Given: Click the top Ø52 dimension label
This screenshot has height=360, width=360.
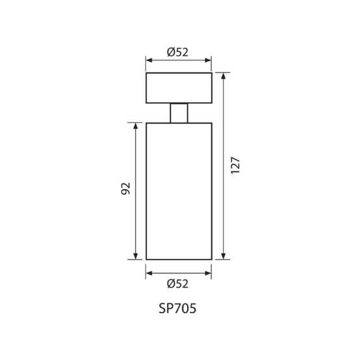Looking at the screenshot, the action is (x=177, y=52).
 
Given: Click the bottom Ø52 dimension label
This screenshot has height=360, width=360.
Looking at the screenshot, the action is (x=177, y=284).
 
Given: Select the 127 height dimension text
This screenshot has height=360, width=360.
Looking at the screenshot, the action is (x=235, y=165).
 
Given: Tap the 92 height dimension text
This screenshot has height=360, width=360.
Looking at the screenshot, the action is (x=126, y=188).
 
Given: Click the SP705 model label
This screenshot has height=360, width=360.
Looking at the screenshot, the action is (x=177, y=308).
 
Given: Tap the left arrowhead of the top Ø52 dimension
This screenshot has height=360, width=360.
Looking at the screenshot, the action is (x=149, y=60).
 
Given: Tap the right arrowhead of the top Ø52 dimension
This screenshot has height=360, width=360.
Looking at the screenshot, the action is (x=208, y=60).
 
